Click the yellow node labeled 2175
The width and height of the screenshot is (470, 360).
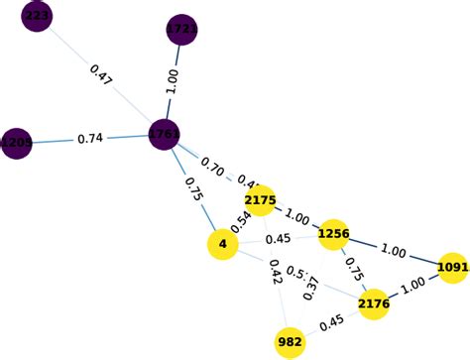pyautogui.click(x=260, y=201)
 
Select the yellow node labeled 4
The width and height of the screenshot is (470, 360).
pyautogui.click(x=222, y=244)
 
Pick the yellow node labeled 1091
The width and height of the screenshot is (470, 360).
pyautogui.click(x=452, y=267)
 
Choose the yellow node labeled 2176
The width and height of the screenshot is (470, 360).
pyautogui.click(x=374, y=303)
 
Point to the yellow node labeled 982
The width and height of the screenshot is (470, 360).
pyautogui.click(x=290, y=343)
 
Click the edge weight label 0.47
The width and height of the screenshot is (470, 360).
pyautogui.click(x=101, y=76)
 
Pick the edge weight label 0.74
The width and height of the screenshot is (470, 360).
pyautogui.click(x=91, y=139)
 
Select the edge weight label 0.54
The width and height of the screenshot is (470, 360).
pyautogui.click(x=242, y=221)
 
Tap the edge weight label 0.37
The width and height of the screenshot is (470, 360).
pyautogui.click(x=310, y=287)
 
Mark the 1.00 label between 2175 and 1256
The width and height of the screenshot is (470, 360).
pyautogui.click(x=296, y=216)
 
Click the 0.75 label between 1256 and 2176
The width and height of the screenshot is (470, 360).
pyautogui.click(x=351, y=270)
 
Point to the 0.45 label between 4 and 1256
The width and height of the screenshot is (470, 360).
pyautogui.click(x=279, y=239)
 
